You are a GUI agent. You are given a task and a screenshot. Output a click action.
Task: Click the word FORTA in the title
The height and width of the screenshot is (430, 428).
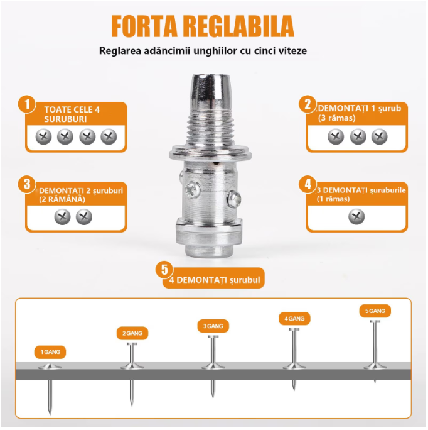click(144, 26)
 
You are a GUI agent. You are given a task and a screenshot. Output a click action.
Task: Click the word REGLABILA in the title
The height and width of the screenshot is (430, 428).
click(238, 26)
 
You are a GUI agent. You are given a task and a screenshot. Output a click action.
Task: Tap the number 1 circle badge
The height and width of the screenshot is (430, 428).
click(27, 104)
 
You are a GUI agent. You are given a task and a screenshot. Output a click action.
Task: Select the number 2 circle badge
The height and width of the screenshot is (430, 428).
click(308, 104)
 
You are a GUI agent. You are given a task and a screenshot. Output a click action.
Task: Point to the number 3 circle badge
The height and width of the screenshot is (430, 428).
click(27, 184)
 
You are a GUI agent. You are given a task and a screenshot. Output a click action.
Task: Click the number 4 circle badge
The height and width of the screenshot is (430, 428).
click(308, 184)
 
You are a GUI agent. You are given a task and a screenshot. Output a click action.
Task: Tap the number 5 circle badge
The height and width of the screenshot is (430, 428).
click(164, 270)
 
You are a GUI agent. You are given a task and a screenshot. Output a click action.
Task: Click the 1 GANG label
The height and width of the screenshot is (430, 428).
click(50, 352)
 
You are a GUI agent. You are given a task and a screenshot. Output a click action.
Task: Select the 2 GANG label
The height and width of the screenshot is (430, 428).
click(132, 333)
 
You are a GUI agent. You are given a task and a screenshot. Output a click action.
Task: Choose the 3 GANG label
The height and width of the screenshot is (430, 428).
click(213, 326)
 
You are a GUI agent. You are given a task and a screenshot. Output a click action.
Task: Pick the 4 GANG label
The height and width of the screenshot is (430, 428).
click(294, 318)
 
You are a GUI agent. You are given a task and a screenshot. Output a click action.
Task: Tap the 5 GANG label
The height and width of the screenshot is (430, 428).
click(375, 311)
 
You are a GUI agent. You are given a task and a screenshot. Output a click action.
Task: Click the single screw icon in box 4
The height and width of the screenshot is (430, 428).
click(356, 217)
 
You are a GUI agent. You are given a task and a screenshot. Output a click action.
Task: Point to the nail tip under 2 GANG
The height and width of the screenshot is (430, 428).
click(132, 405)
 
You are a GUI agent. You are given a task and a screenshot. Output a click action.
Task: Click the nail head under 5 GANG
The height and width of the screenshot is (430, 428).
click(375, 322)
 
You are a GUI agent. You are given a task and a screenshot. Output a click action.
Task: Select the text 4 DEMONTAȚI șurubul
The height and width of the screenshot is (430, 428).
click(215, 280)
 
